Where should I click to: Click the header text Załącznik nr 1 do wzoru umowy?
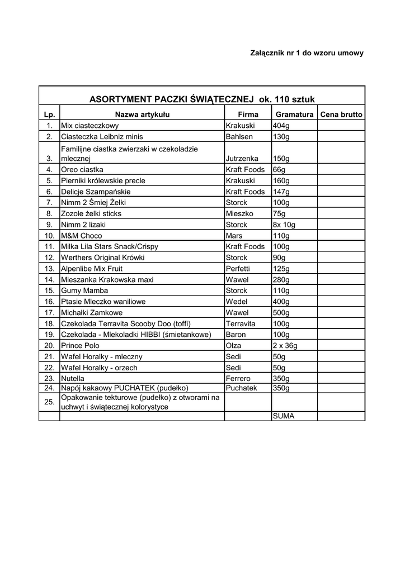point(307,53)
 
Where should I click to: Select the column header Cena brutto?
point(341,115)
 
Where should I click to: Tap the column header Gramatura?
point(294,115)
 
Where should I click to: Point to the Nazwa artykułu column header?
point(142,115)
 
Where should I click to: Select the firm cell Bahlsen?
point(239,136)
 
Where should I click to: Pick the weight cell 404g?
point(281,126)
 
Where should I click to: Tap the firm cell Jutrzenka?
point(243,159)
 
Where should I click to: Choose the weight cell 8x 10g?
point(284,225)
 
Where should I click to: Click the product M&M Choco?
point(82,236)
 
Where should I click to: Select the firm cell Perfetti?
point(238,269)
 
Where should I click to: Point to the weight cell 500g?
point(281,313)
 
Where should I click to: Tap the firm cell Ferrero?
point(238,379)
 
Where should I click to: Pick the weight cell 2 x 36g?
point(285,346)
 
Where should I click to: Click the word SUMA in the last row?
point(284,416)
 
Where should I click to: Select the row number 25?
point(49,402)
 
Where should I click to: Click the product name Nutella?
point(73,379)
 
